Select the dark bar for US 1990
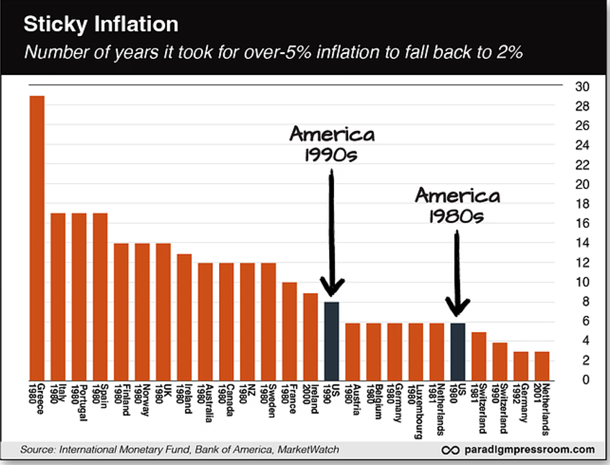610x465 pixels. pyautogui.click(x=331, y=340)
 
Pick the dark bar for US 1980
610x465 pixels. pyautogui.click(x=458, y=351)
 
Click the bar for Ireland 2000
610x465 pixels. pyautogui.click(x=311, y=336)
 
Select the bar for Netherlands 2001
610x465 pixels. pyautogui.click(x=541, y=365)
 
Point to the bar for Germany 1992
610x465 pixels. pyautogui.click(x=521, y=365)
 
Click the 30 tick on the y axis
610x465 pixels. pyautogui.click(x=582, y=87)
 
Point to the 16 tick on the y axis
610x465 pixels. pyautogui.click(x=582, y=223)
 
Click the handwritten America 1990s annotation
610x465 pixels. pyautogui.click(x=332, y=143)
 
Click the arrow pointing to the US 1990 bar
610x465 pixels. pyautogui.click(x=332, y=236)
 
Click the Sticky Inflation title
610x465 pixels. pyautogui.click(x=101, y=25)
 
